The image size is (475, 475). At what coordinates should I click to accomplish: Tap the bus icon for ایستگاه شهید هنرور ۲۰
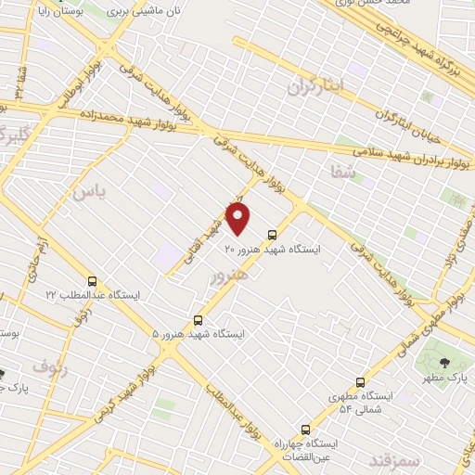click(272, 235)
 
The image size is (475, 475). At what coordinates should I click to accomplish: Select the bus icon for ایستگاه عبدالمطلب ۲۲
click(92, 280)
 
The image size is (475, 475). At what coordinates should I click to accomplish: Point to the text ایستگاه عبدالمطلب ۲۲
click(93, 294)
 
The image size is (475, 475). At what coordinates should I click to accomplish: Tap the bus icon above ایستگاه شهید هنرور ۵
click(197, 320)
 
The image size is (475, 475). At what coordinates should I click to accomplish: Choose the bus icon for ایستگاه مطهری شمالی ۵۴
click(360, 382)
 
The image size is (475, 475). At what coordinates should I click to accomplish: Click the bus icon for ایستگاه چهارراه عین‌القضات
click(305, 430)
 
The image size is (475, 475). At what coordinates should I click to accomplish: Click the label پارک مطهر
click(443, 378)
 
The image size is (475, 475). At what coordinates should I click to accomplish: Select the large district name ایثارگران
click(315, 86)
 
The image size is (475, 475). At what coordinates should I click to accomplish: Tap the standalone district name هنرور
click(229, 276)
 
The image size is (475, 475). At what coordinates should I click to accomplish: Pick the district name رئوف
click(45, 365)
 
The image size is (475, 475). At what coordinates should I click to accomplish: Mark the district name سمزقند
click(394, 459)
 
